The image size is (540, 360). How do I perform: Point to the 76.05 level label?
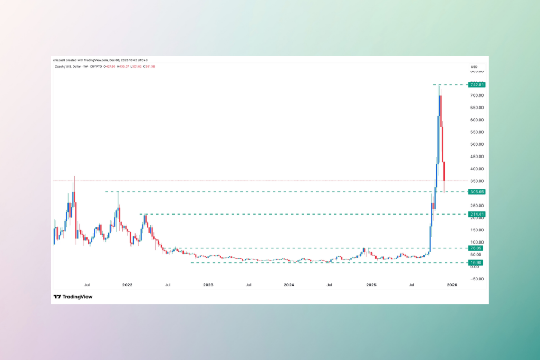coord(476,248)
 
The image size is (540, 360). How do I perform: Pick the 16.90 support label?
coord(476,262)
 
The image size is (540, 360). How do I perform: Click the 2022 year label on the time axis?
coord(127,285)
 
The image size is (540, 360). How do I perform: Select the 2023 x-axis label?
coord(208,285)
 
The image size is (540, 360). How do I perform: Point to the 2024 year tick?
coord(289,285)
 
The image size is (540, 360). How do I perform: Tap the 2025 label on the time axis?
coord(371,285)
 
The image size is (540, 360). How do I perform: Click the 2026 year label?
coord(451,285)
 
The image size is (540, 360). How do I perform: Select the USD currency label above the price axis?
coord(474,66)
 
